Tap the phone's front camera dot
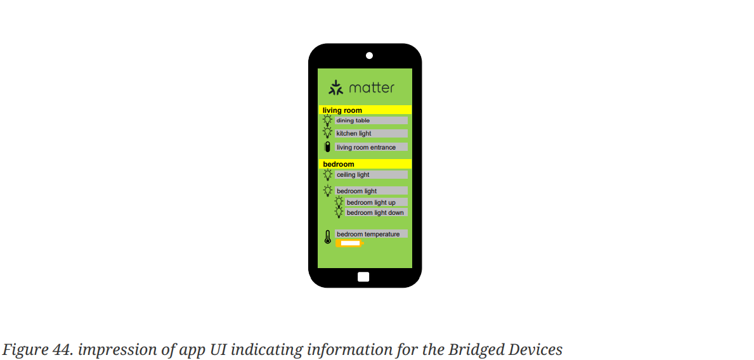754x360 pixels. coord(369,56)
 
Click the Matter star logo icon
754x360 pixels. coord(335,87)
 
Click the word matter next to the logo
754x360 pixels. coord(372,87)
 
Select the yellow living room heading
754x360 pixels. coord(365,110)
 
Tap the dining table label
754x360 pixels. coord(371,120)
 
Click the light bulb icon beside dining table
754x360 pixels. coord(327,120)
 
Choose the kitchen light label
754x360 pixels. coord(371,134)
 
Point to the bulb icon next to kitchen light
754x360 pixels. coord(327,133)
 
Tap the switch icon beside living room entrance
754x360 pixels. coord(327,147)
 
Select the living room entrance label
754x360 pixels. coord(371,147)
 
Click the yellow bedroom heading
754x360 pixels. coord(365,164)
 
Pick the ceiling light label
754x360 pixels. coord(371,175)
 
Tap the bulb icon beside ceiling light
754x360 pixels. coord(327,174)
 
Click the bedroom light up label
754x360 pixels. coord(376,203)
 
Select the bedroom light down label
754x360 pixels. coord(376,213)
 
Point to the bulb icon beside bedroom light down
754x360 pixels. coord(339,212)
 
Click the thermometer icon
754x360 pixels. coord(327,238)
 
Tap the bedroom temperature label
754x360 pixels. coord(371,235)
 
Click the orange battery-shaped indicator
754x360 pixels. coord(349,243)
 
